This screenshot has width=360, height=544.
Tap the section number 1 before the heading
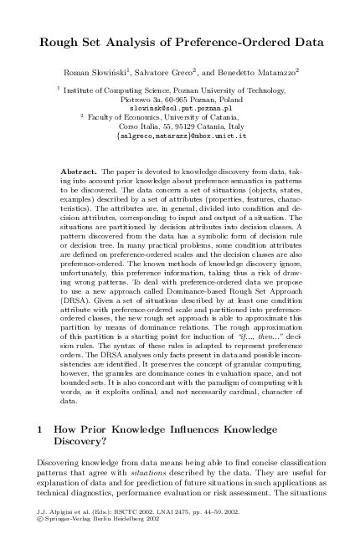[39, 429]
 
